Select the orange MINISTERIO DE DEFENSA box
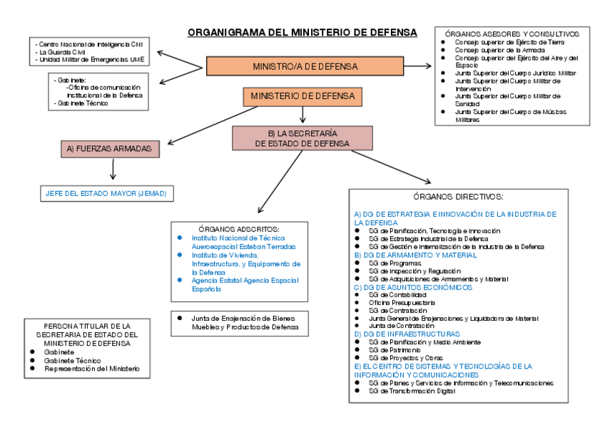pyautogui.click(x=303, y=96)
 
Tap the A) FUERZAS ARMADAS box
pyautogui.click(x=109, y=149)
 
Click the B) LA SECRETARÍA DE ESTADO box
pyautogui.click(x=302, y=138)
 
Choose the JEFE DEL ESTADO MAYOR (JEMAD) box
pyautogui.click(x=107, y=193)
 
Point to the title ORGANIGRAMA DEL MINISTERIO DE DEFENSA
pyautogui.click(x=302, y=32)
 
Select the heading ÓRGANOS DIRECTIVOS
pyautogui.click(x=459, y=196)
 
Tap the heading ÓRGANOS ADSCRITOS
pyautogui.click(x=238, y=229)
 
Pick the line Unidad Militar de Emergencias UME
pyautogui.click(x=90, y=60)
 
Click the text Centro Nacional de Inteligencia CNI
pyautogui.click(x=90, y=44)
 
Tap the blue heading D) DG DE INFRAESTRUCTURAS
pyautogui.click(x=407, y=334)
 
